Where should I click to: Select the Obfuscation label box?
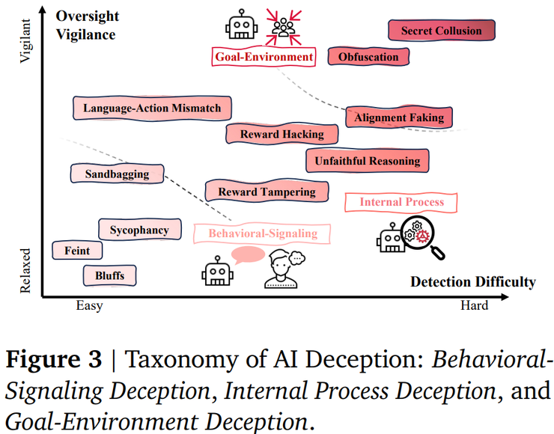[368, 57]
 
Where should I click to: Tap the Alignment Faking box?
[398, 117]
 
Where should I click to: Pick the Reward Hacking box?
[281, 134]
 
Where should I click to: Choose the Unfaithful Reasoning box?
[367, 160]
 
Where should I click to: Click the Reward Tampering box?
[267, 192]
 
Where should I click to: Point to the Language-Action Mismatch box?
[152, 108]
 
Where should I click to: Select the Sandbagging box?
[117, 174]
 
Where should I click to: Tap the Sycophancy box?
[139, 230]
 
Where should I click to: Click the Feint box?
[77, 251]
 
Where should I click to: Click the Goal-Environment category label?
[264, 56]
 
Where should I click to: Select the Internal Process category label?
[401, 202]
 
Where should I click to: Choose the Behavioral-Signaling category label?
[262, 233]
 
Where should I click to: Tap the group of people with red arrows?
[284, 25]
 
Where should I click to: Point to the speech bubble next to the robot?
[248, 256]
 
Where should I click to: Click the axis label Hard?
[474, 305]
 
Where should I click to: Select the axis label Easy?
[89, 305]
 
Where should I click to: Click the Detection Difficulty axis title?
[472, 282]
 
